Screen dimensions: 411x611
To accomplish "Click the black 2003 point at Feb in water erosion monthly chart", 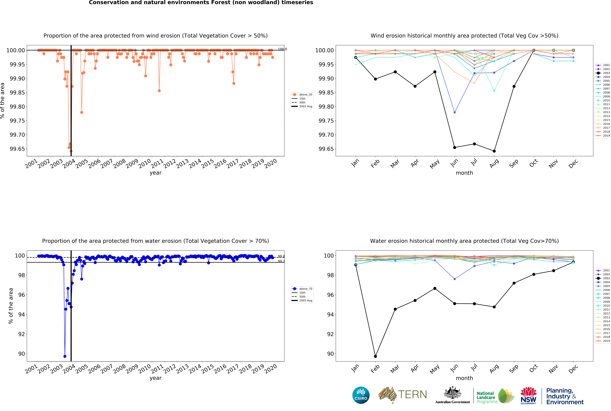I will coord(375,356).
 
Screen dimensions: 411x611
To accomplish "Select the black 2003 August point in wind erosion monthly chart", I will coord(494,151).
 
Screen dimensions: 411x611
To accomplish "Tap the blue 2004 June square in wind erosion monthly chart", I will coord(454,112).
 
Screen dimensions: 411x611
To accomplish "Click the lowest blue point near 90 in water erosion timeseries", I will coord(65,356).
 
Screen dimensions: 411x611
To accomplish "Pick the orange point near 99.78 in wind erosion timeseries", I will coord(82,112).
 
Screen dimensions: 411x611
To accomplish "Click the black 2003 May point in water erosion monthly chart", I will coord(435,288).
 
